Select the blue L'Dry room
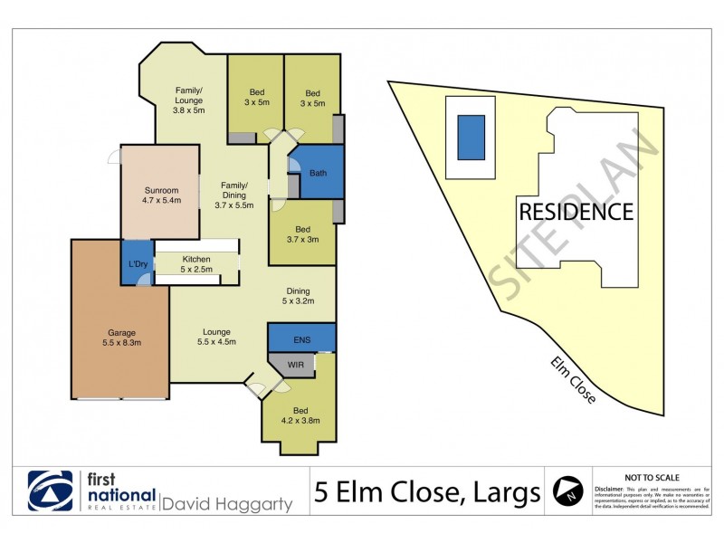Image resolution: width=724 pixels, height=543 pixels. pos(138,263)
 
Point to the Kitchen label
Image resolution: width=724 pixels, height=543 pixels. pos(196,263)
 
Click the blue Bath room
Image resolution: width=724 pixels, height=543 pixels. pos(319,173)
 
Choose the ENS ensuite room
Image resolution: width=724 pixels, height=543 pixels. pos(301,339)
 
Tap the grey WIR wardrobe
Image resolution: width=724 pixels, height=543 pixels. pos(295,364)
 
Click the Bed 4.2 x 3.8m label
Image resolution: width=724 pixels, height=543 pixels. pos(300,414)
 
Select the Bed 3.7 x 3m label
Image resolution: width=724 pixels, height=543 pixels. pos(303,234)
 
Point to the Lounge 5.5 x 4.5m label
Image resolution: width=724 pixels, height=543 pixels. pos(216,337)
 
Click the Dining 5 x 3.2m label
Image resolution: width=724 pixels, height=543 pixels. pos(298,295)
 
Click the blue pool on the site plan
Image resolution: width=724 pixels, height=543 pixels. pos(471,137)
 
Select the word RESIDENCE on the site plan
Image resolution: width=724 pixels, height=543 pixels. pos(576,213)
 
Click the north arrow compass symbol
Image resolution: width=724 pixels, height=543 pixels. pos(567,490)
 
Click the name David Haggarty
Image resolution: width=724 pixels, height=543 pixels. pos(227,503)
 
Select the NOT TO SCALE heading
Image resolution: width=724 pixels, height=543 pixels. pos(653,477)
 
